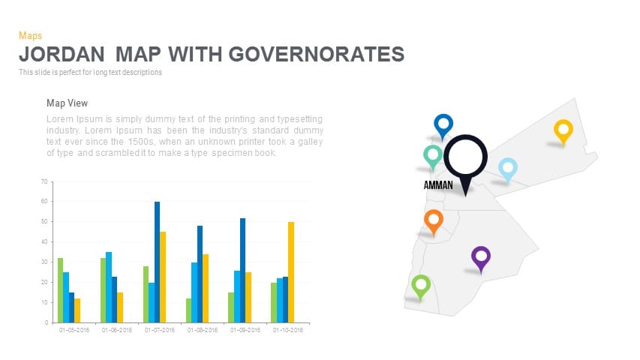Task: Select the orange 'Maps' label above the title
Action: tap(30, 35)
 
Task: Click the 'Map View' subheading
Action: tap(68, 103)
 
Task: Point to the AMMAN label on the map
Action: tap(438, 184)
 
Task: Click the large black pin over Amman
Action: tap(466, 159)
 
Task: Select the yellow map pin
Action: tap(563, 130)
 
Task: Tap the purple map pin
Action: tap(481, 257)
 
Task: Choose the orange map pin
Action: tap(433, 220)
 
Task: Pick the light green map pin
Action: tap(421, 285)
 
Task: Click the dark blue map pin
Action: tap(443, 124)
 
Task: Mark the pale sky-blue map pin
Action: tap(508, 169)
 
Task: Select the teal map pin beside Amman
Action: tap(433, 155)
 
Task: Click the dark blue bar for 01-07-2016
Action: tap(158, 262)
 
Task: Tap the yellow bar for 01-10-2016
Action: tap(291, 272)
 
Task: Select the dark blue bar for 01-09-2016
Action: tap(243, 270)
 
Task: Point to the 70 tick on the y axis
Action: tap(44, 181)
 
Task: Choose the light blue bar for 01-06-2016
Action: tap(109, 287)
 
